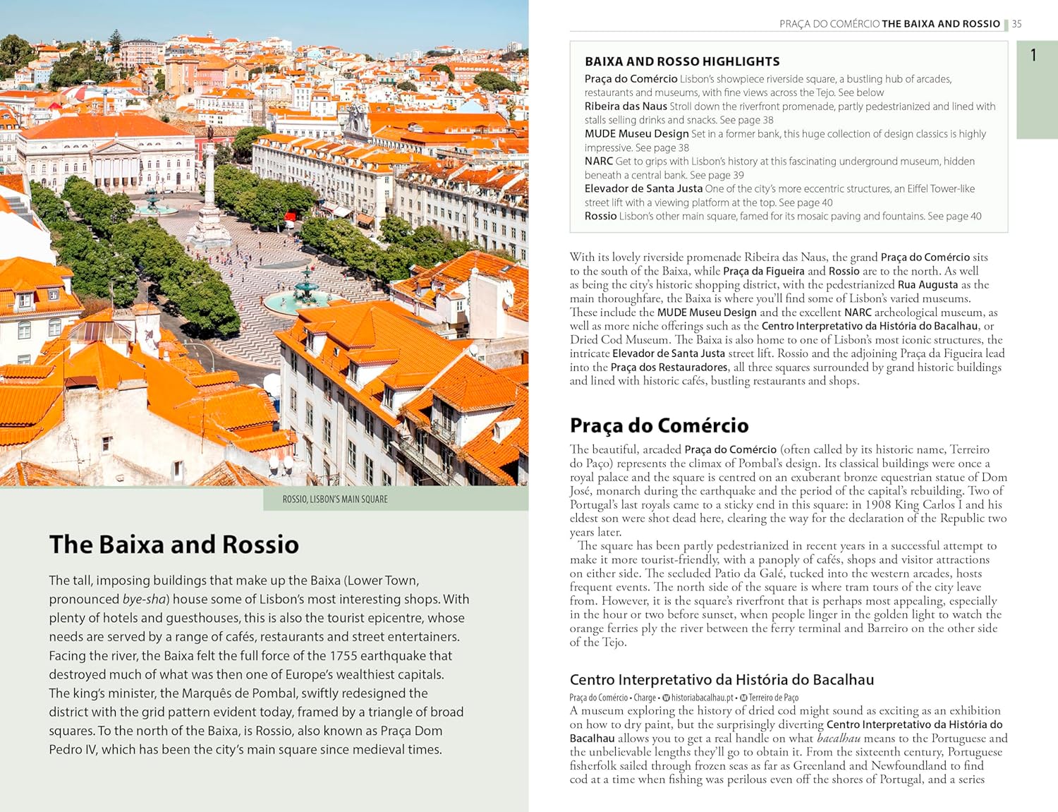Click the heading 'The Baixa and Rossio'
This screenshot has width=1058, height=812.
pyautogui.click(x=174, y=545)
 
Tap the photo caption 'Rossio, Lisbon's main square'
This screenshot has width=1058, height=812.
pyautogui.click(x=335, y=499)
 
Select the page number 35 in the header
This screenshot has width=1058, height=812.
pyautogui.click(x=1016, y=24)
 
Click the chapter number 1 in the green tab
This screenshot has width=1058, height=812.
pyautogui.click(x=1033, y=55)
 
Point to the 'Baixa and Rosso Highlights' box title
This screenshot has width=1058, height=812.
pyautogui.click(x=682, y=61)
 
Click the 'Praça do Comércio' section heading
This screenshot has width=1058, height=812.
pyautogui.click(x=659, y=425)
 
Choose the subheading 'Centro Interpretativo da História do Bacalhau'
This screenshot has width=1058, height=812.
pyautogui.click(x=722, y=680)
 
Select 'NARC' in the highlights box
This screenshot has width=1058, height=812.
pyautogui.click(x=598, y=162)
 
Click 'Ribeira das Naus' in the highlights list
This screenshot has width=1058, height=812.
pyautogui.click(x=626, y=107)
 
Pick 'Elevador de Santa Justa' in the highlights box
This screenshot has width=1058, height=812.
pyautogui.click(x=643, y=189)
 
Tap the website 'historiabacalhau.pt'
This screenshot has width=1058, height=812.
pyautogui.click(x=702, y=698)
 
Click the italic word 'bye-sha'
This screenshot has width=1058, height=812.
pyautogui.click(x=144, y=599)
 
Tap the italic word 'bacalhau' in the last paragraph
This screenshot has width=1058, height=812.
pyautogui.click(x=839, y=738)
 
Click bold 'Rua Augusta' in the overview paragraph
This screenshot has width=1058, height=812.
pyautogui.click(x=928, y=285)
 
